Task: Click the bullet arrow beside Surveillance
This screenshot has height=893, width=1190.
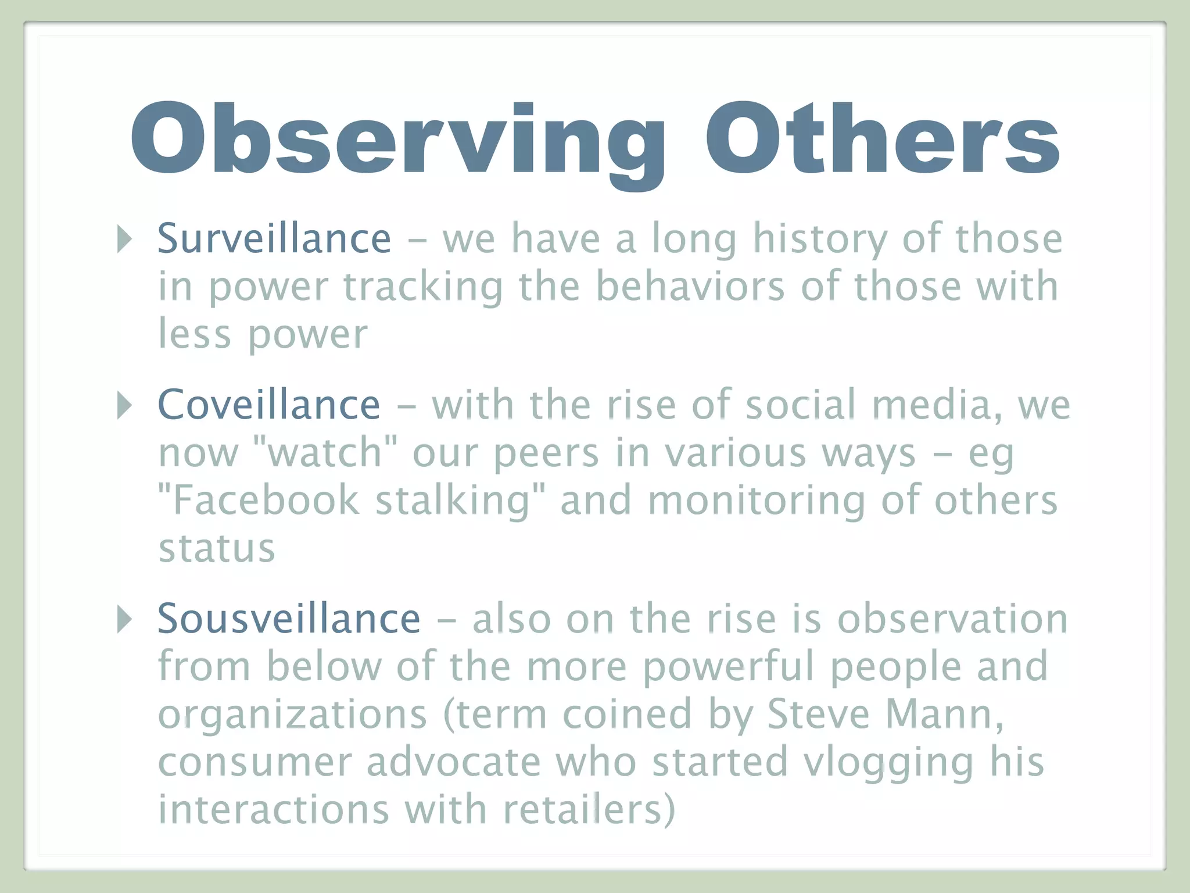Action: click(124, 238)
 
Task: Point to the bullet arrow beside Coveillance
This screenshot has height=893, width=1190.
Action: click(124, 405)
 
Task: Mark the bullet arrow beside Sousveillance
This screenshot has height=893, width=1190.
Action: click(124, 619)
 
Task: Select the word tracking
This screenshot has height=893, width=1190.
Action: click(423, 287)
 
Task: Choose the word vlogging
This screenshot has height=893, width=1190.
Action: click(889, 763)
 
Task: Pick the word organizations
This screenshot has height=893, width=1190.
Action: click(292, 715)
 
